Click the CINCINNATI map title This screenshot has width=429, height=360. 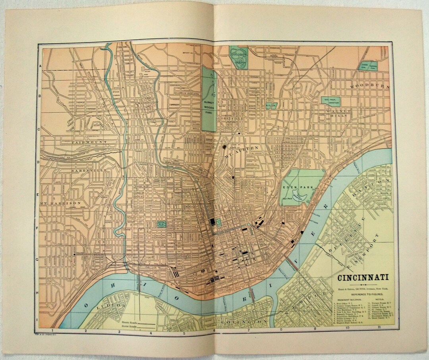coord(363,277)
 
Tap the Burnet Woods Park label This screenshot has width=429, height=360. coord(209,107)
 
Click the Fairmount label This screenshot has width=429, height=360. coord(89,141)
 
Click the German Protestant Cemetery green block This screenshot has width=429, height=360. coord(330,101)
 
